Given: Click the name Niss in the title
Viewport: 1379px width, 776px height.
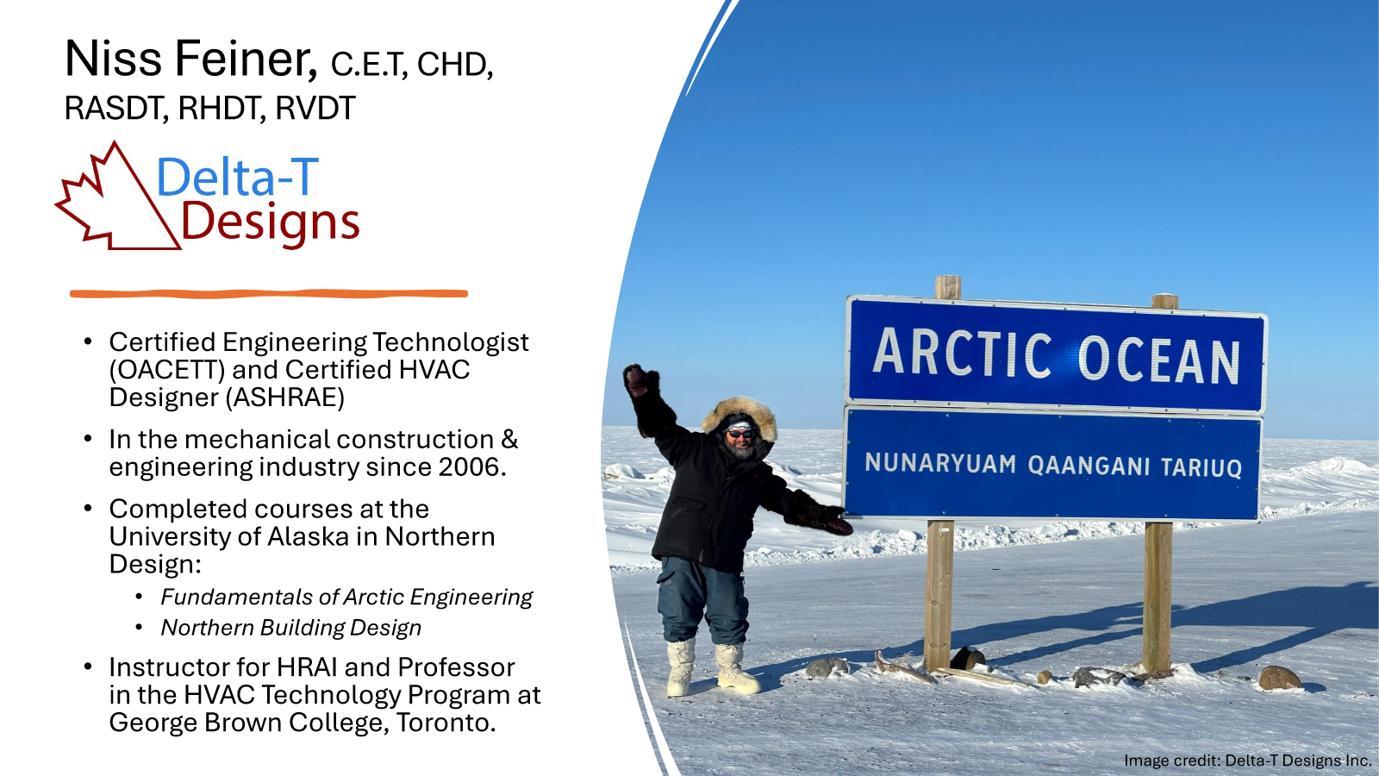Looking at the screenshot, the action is click(x=114, y=59).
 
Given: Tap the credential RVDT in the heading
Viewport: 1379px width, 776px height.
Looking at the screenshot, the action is click(x=315, y=109).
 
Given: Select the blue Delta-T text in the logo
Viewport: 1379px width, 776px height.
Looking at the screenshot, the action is click(x=238, y=177).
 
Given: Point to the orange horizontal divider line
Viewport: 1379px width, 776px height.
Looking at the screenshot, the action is click(x=269, y=294).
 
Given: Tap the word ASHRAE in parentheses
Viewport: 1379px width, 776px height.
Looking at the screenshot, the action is click(x=285, y=397).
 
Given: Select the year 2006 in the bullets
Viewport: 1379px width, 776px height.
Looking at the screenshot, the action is click(x=471, y=467).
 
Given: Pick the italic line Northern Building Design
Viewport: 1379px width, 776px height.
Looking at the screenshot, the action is click(x=291, y=628).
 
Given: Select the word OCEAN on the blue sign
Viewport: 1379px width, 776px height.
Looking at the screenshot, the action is click(x=1158, y=360).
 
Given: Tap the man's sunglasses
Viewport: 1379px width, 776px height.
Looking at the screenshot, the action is click(x=739, y=434).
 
